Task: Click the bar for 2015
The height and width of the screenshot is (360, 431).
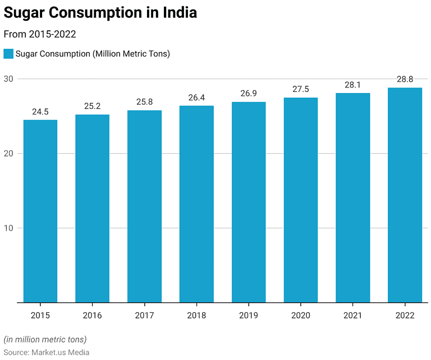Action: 40,211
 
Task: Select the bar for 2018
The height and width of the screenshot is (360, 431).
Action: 196,204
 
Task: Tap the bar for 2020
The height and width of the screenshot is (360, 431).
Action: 301,200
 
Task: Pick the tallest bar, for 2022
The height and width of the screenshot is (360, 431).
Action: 405,195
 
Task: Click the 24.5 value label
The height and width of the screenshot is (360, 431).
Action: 40,112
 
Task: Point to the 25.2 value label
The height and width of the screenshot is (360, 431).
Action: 92,107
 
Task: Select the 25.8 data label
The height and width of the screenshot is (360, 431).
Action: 144,102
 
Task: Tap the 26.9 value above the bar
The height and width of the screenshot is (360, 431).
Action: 249,94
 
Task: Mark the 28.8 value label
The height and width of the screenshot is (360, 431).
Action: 405,80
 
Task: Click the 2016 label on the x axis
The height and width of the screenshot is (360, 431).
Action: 92,316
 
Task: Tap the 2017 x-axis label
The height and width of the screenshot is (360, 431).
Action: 144,316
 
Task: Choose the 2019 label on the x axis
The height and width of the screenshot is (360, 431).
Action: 249,316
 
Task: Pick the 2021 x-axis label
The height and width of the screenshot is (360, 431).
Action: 353,316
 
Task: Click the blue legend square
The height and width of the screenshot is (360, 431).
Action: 8,54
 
